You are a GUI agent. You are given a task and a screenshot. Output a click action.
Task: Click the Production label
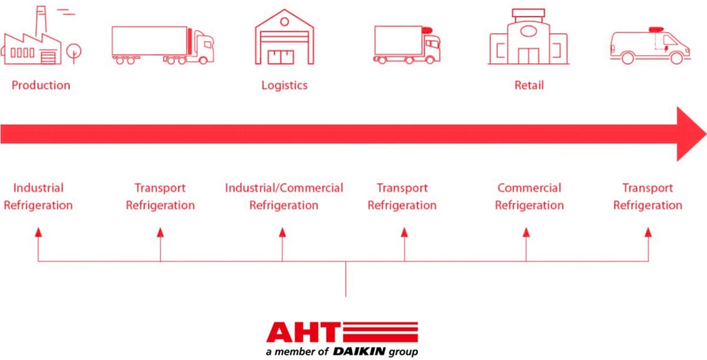pyautogui.click(x=41, y=85)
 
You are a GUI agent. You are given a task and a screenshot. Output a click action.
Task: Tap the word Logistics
pyautogui.click(x=285, y=85)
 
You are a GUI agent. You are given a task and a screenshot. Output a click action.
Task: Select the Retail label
pyautogui.click(x=529, y=85)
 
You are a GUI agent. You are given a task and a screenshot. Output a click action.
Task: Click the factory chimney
pyautogui.click(x=41, y=21)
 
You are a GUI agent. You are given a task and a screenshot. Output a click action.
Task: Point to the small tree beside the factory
pyautogui.click(x=74, y=52)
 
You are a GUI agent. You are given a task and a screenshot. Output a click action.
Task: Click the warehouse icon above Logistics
pyautogui.click(x=285, y=37)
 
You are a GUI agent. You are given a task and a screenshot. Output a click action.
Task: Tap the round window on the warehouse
pyautogui.click(x=285, y=21)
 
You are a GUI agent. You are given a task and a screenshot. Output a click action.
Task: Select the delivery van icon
pyautogui.click(x=650, y=46)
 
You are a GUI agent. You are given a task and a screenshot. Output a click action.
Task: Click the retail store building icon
pyautogui.click(x=528, y=37)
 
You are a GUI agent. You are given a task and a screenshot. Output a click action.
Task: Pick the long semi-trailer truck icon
pyautogui.click(x=163, y=45)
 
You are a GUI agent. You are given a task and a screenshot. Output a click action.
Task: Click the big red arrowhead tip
pyautogui.click(x=706, y=134)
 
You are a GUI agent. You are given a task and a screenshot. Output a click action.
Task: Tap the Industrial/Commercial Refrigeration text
pyautogui.click(x=284, y=197)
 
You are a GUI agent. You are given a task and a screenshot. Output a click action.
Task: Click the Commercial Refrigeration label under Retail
pyautogui.click(x=529, y=197)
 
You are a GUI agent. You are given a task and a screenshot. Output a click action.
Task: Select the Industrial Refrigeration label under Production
pyautogui.click(x=38, y=197)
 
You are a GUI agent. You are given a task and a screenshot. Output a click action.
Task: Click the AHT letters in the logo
pyautogui.click(x=303, y=332)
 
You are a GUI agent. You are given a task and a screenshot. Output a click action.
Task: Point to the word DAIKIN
pyautogui.click(x=359, y=352)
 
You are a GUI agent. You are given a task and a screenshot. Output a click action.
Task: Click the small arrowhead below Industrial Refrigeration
pyautogui.click(x=38, y=233)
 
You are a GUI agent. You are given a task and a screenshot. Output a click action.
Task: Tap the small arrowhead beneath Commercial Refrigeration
pyautogui.click(x=526, y=233)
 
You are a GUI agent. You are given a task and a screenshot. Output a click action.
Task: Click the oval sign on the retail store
pyautogui.click(x=528, y=31)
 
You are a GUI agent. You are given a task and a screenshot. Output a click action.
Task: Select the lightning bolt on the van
pyautogui.click(x=666, y=48)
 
